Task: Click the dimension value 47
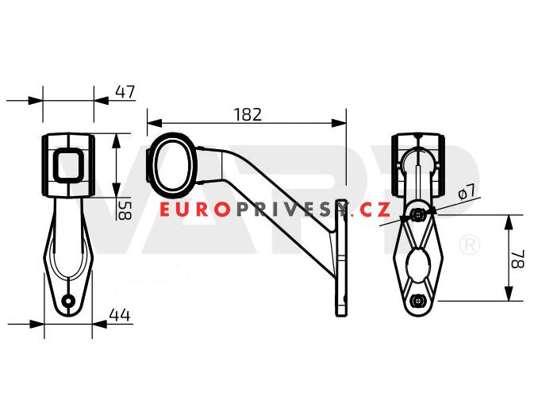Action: pyautogui.click(x=125, y=91)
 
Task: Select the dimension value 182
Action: pyautogui.click(x=248, y=113)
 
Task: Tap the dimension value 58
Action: pyautogui.click(x=125, y=210)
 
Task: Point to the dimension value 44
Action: pyautogui.click(x=119, y=315)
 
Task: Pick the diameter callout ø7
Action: pyautogui.click(x=467, y=191)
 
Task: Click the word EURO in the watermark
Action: pyautogui.click(x=194, y=210)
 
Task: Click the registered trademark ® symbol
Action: pyautogui.click(x=470, y=244)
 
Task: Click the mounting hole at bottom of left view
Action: pyautogui.click(x=69, y=301)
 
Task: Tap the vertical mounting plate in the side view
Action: pyautogui.click(x=342, y=258)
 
